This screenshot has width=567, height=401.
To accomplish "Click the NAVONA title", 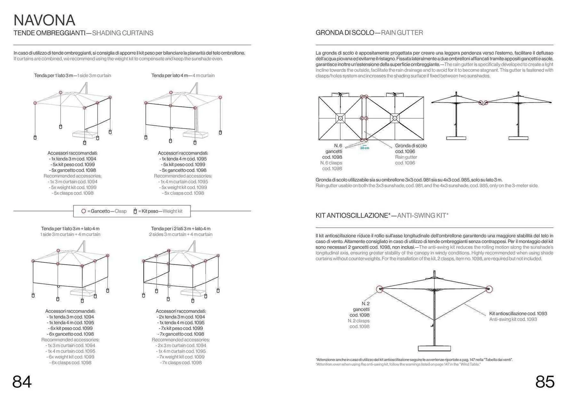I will click(x=44, y=20).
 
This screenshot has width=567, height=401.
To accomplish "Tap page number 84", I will click(x=22, y=382).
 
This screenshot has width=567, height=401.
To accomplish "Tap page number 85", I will click(x=545, y=382).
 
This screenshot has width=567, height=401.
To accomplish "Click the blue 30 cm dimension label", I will click(x=364, y=148).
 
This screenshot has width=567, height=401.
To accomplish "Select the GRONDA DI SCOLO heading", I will click(x=345, y=33).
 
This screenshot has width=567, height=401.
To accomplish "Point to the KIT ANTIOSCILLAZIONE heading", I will click(x=353, y=216).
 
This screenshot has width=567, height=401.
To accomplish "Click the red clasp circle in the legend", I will click(x=84, y=211).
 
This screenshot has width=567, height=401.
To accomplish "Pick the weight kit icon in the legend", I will click(x=135, y=211).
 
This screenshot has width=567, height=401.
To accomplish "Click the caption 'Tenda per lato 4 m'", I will click(x=170, y=76).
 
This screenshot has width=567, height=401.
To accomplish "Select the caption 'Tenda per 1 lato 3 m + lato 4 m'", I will click(x=70, y=229).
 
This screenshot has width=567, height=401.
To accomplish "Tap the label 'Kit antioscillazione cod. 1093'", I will click(x=518, y=314).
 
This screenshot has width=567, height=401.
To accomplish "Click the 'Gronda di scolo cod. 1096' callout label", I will click(x=410, y=149).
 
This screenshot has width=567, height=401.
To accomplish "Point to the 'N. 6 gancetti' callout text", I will click(x=334, y=149).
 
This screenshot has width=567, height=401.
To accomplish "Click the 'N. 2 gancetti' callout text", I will click(x=361, y=307).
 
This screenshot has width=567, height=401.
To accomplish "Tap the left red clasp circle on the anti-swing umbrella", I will click(x=380, y=289).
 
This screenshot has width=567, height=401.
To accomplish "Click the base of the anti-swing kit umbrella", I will click(x=434, y=349).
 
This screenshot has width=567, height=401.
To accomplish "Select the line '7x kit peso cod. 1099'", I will click(x=181, y=328).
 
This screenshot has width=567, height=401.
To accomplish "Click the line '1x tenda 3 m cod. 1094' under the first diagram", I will click(x=73, y=159).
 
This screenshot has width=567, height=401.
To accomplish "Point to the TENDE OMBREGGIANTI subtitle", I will click(x=49, y=33).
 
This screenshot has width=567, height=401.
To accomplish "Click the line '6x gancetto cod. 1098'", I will click(x=70, y=334).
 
